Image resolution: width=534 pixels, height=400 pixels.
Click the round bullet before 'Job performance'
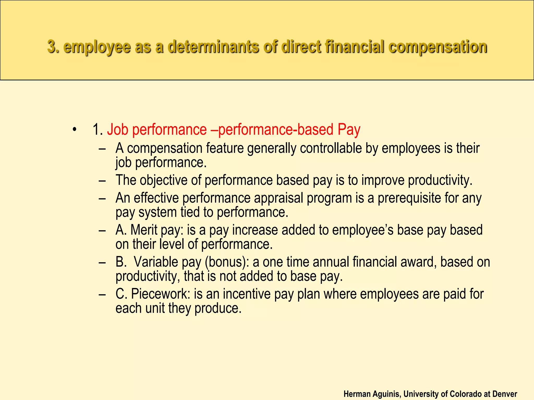point(75,129)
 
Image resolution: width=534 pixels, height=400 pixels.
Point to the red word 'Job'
point(117,129)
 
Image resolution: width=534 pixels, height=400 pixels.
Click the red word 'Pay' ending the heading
point(349,129)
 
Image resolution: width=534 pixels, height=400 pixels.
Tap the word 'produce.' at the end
point(218,308)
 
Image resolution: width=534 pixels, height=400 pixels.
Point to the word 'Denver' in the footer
point(505,394)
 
